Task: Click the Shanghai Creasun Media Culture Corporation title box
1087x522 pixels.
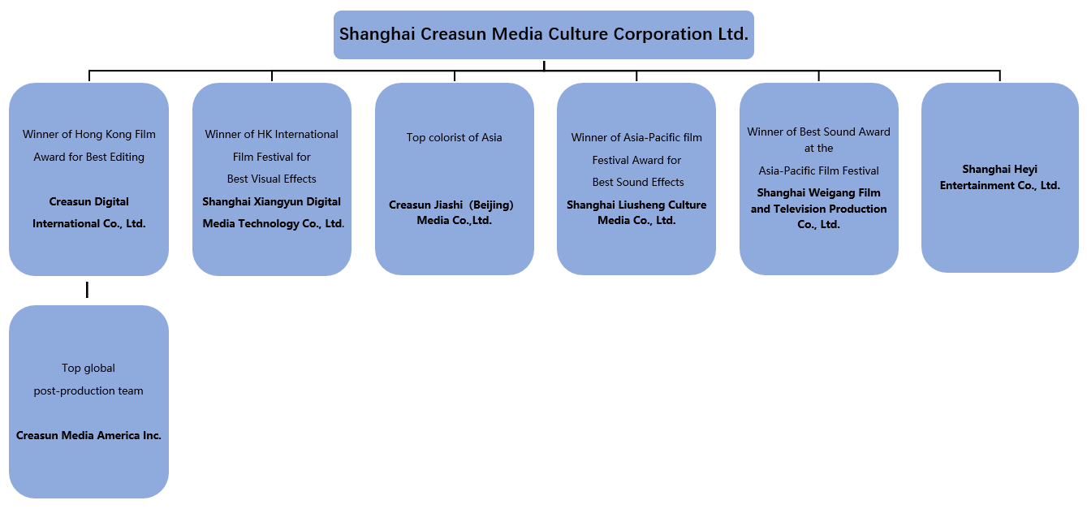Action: point(543,35)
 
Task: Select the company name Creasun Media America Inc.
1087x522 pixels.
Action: point(88,436)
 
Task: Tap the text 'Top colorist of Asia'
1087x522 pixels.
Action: point(454,138)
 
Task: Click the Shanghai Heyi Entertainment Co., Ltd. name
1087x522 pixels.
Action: point(999,178)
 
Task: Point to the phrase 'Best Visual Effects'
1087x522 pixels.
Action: point(271,179)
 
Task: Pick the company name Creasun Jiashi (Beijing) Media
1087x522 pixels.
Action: point(454,213)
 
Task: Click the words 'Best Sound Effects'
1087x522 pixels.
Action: point(638,183)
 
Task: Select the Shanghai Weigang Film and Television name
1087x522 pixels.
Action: point(818,209)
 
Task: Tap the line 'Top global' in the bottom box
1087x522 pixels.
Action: point(88,369)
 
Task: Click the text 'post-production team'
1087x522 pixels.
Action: point(88,391)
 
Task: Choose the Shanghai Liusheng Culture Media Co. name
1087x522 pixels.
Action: point(636,213)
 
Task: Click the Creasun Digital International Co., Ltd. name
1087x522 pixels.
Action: point(88,213)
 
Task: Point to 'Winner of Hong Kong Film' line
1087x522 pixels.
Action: point(88,135)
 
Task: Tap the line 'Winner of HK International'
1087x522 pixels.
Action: point(271,135)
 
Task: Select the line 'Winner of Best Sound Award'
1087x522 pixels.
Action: point(818,132)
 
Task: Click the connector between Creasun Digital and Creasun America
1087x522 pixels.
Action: point(87,290)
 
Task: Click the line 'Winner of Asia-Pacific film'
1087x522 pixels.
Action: point(636,138)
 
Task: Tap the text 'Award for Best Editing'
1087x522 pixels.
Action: point(88,157)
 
